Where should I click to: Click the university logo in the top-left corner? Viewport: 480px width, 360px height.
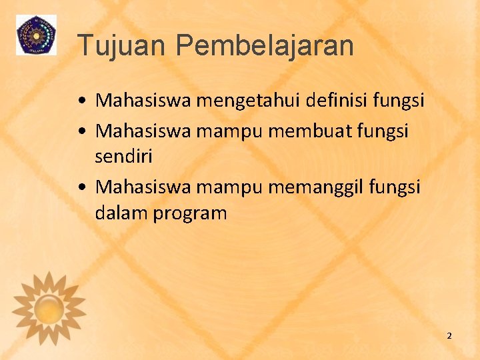[x=36, y=35]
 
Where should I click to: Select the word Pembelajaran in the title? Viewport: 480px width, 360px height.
[x=265, y=46]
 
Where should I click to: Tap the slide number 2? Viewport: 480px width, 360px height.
[x=449, y=335]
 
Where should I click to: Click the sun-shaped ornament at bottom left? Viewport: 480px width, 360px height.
[x=49, y=307]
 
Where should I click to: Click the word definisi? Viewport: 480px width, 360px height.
[x=339, y=100]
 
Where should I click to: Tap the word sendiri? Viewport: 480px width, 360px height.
[x=124, y=157]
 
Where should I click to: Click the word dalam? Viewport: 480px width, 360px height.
[x=118, y=213]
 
